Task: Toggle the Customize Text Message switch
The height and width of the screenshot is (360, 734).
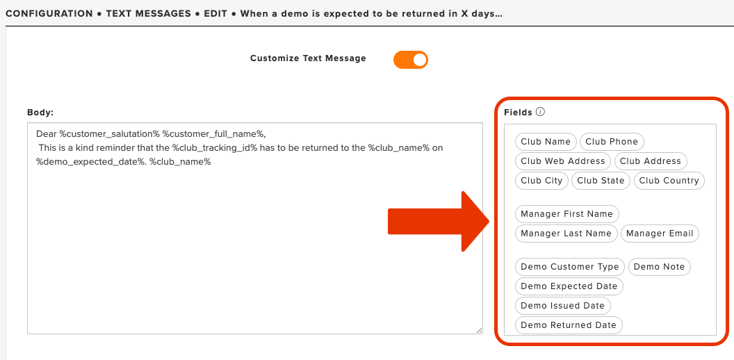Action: tap(411, 60)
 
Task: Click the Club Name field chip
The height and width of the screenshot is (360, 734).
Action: tap(546, 141)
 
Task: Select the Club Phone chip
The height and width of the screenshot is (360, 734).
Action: tap(612, 141)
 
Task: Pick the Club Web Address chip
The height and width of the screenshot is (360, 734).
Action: tap(563, 161)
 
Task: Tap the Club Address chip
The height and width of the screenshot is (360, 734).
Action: tap(651, 161)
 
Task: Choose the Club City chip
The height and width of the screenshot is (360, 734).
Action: tap(541, 180)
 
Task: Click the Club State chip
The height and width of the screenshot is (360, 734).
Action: tap(601, 180)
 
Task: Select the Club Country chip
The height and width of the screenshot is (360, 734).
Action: tap(669, 180)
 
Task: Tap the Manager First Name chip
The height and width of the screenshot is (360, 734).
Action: tap(567, 214)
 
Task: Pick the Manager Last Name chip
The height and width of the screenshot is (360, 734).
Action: tap(566, 233)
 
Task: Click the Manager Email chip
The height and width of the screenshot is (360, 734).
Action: tap(660, 233)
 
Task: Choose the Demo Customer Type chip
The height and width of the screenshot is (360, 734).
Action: tap(570, 267)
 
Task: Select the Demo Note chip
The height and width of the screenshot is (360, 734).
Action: tap(659, 267)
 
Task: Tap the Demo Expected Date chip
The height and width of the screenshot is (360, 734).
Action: tap(569, 286)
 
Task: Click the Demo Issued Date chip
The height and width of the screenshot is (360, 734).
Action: tap(563, 306)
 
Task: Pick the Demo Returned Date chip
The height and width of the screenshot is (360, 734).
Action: tap(569, 325)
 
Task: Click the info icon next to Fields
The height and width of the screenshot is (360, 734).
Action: tap(541, 112)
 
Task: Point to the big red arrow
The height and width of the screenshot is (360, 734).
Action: tap(439, 222)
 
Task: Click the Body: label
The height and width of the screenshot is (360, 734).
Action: tap(41, 113)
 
